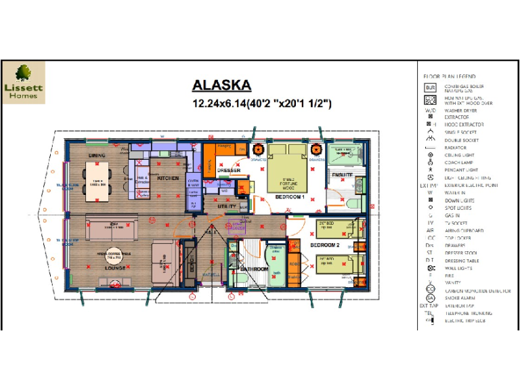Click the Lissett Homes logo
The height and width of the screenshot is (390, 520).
[24, 83]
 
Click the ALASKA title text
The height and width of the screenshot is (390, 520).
[221, 85]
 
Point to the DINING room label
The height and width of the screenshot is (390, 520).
[97, 155]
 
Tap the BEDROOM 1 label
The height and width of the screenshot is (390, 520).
[289, 197]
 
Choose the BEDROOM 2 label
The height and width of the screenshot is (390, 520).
[325, 244]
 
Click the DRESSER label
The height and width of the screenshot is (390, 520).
[229, 171]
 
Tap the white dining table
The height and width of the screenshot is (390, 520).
[97, 183]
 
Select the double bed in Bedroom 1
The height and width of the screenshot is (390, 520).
[286, 169]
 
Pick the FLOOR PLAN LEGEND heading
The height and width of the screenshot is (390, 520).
[449, 77]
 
